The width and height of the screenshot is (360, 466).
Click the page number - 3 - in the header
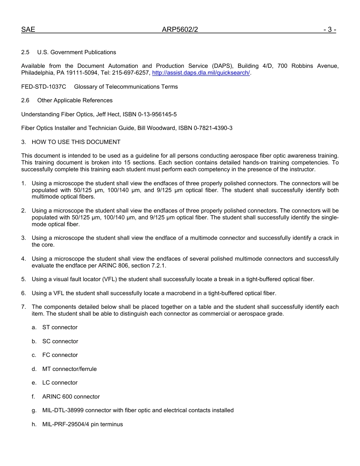pos(330,30)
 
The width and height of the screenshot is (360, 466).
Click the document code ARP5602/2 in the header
pos(180,30)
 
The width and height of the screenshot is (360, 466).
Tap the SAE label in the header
pos(28,30)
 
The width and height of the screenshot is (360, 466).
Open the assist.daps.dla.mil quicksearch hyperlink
pos(201,73)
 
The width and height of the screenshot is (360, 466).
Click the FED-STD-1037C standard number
pos(44,87)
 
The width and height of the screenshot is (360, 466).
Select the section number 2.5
pos(25,52)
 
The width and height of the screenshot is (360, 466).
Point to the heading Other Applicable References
pos(75,100)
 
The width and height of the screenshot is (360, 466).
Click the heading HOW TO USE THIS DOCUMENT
pos(76,142)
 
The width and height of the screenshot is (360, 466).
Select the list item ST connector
pos(60,327)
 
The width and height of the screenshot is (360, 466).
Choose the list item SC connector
pos(60,341)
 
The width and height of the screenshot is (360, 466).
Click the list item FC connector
pos(60,355)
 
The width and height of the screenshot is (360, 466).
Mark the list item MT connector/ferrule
pos(69,369)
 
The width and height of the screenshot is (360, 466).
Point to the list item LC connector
pos(60,383)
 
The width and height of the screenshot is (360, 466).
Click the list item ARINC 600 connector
pos(71,397)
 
